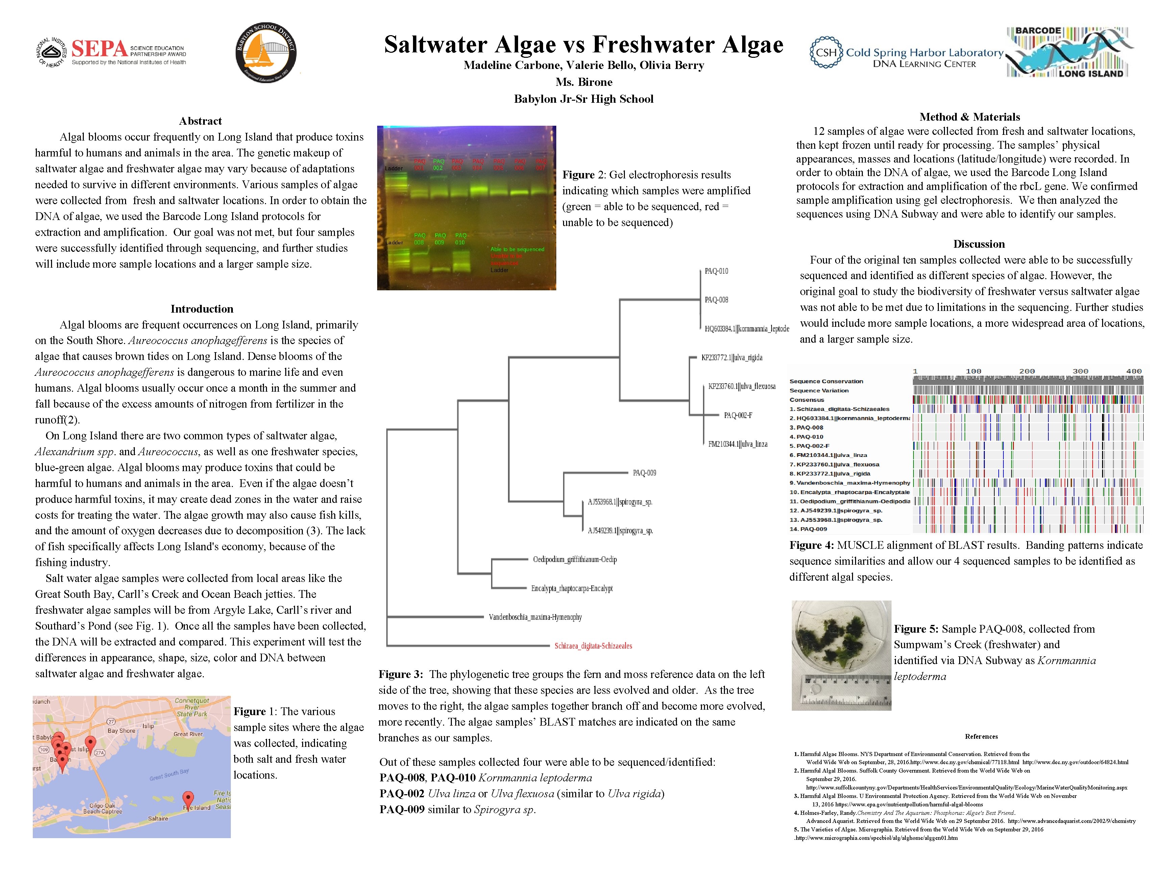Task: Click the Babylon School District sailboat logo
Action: (266, 53)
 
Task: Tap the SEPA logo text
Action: (99, 49)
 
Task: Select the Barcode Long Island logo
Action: (1070, 52)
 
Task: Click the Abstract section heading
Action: (200, 121)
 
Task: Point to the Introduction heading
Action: (202, 309)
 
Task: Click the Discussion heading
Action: (978, 244)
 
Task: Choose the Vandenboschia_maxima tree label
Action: (535, 617)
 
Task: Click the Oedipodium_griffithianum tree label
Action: (575, 560)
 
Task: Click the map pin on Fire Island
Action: (188, 799)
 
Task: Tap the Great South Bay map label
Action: (169, 775)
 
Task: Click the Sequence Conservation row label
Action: (826, 381)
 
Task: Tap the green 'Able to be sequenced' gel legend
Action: (517, 249)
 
